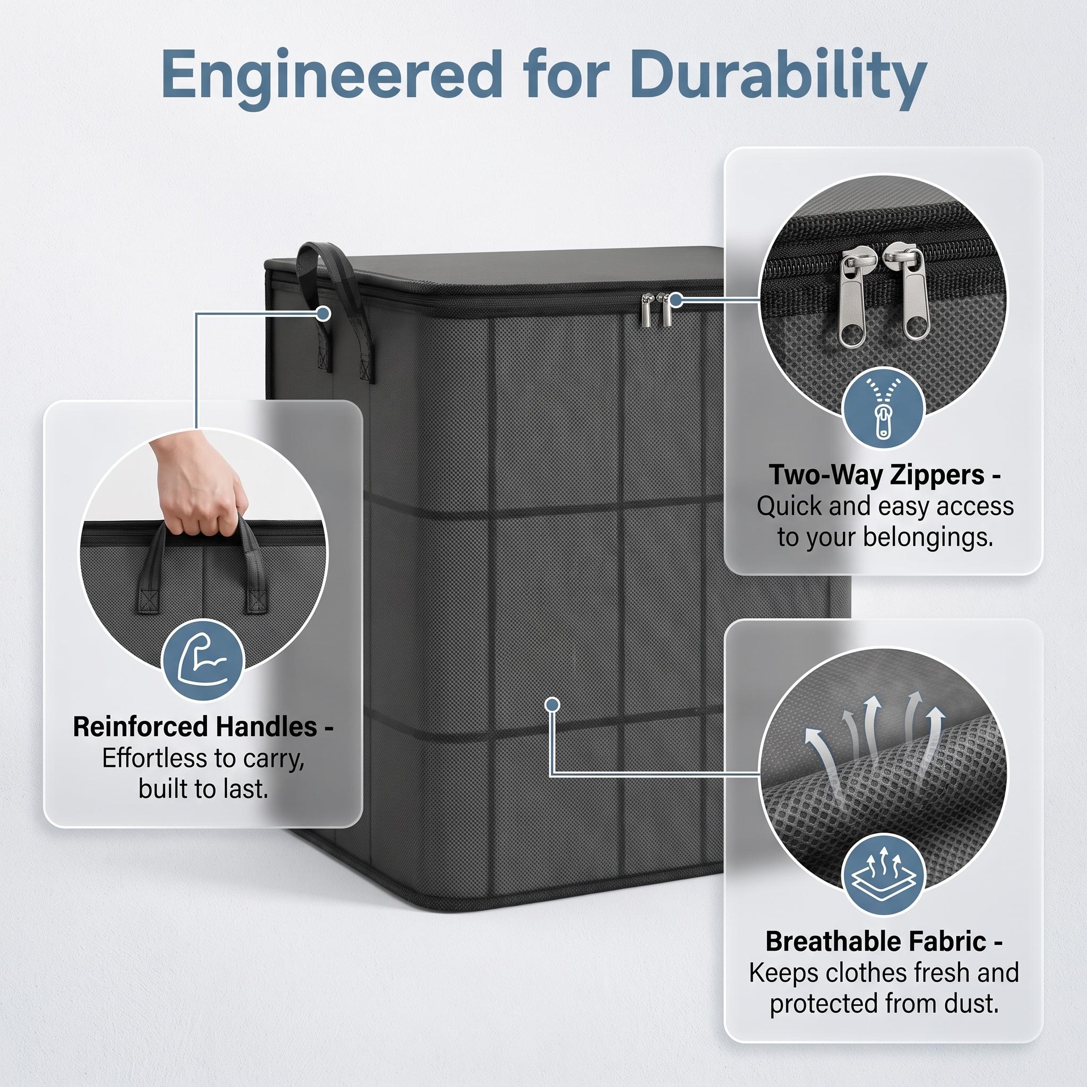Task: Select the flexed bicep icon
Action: point(203,660)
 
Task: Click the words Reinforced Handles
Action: point(195,727)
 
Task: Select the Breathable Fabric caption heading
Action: point(876,941)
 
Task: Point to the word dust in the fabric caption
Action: point(972,1003)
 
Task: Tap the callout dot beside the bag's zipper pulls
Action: point(676,300)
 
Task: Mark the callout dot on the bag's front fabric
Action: point(553,704)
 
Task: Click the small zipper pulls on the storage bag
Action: point(655,309)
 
